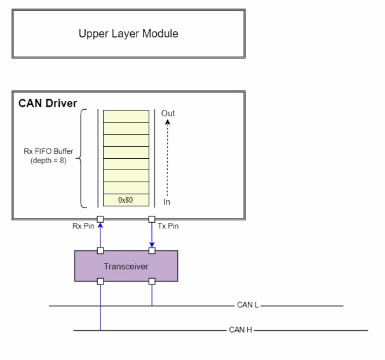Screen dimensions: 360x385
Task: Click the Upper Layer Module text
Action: pos(128,34)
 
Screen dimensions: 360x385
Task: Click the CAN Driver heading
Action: pos(48,103)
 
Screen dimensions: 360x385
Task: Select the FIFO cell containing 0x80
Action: pos(126,200)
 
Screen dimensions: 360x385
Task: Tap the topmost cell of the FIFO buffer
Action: pos(126,116)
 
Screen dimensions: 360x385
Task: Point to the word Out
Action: pos(168,114)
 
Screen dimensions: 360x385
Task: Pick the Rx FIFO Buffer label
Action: pos(48,156)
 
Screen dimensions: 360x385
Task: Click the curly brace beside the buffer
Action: pos(82,158)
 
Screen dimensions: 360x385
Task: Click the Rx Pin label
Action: pos(84,225)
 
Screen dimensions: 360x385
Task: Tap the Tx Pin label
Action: pos(168,225)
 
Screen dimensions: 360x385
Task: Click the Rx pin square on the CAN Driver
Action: pos(100,220)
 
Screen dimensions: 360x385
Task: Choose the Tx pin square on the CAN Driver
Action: pos(151,220)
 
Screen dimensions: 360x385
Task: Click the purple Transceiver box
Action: pos(126,266)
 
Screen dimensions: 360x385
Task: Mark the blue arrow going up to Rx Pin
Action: pos(100,236)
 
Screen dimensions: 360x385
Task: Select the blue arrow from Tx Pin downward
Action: pos(151,236)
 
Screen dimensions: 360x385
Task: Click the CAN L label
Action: pos(247,305)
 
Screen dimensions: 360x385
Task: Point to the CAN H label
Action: pos(240,330)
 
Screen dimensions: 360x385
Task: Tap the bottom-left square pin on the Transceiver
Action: pos(100,281)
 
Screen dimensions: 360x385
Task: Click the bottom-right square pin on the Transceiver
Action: pos(151,281)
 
